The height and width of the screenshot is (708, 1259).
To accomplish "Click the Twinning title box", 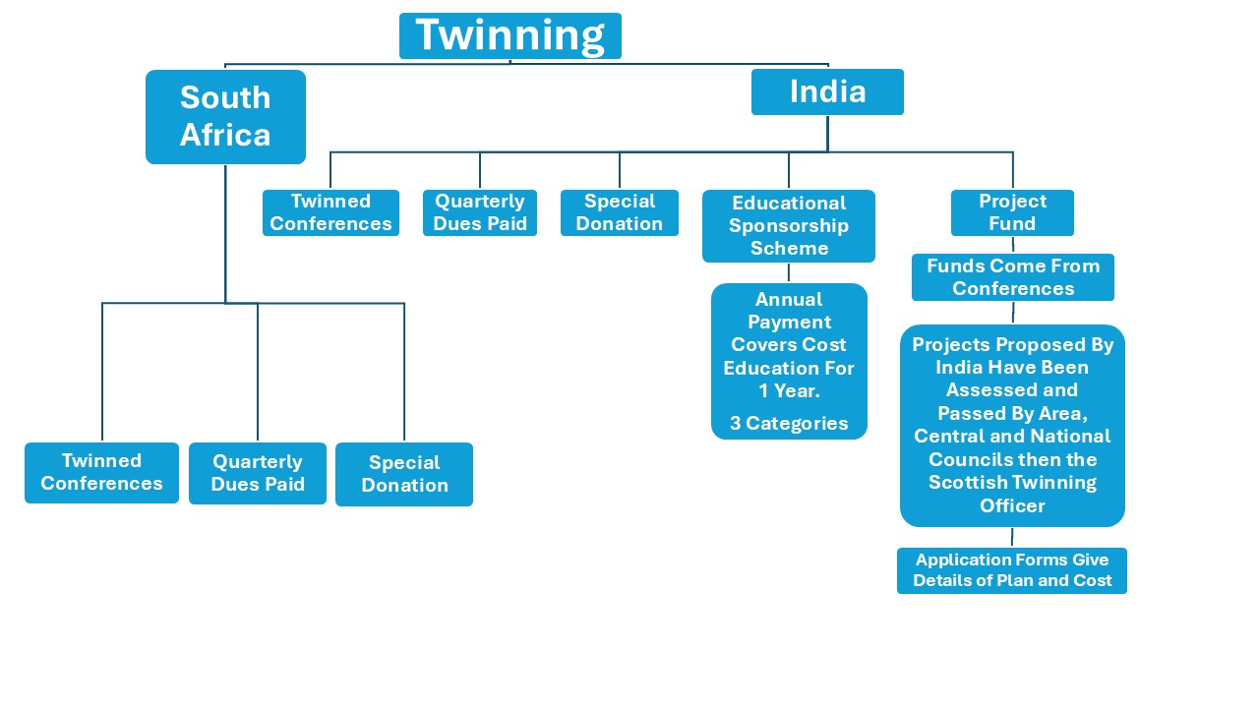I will point(510,36).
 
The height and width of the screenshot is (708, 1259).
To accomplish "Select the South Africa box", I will point(225,116).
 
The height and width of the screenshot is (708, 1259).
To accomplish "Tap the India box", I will point(827,91).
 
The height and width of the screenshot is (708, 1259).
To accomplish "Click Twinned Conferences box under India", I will point(330,212).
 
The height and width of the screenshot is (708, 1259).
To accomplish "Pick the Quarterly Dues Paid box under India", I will point(480,212).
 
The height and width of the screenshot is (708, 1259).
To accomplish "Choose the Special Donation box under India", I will point(620,212).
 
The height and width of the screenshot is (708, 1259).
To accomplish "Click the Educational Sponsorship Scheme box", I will point(789,226).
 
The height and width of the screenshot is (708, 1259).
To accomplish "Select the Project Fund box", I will point(1012,212).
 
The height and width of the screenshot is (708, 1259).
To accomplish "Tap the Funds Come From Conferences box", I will point(1012,277).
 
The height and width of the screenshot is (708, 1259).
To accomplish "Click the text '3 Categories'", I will point(789,424).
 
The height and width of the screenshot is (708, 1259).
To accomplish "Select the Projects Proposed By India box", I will point(1012,425).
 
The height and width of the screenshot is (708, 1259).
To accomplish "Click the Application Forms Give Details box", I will point(1012,570).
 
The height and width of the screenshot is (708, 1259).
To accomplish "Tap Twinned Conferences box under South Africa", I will point(101,472).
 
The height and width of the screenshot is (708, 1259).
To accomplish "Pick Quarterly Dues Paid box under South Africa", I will point(258,473).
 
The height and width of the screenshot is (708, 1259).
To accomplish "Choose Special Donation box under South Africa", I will point(404,474).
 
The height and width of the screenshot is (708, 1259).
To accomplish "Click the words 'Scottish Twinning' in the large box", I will point(1012,483).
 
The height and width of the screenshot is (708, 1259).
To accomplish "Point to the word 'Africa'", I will point(225,135).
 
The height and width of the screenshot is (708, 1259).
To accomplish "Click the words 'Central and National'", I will point(1012,437).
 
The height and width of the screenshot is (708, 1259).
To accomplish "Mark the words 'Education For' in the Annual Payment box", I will point(789,369).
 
